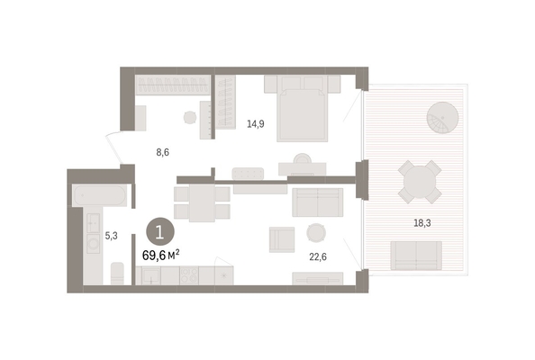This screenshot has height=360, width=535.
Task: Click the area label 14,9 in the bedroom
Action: pyautogui.click(x=256, y=124)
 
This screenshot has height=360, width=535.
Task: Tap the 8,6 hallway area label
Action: pyautogui.click(x=163, y=152)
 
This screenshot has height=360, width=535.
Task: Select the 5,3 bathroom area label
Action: pyautogui.click(x=111, y=236)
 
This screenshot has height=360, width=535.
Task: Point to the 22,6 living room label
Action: pyautogui.click(x=318, y=256)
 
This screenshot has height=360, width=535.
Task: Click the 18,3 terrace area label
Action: pyautogui.click(x=422, y=223)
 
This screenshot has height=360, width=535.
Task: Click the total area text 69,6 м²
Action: pyautogui.click(x=160, y=255)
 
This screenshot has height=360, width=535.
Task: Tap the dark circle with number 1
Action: pyautogui.click(x=160, y=232)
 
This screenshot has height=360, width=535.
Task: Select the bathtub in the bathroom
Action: pyautogui.click(x=100, y=195)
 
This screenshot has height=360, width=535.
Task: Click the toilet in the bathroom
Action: pyautogui.click(x=117, y=273)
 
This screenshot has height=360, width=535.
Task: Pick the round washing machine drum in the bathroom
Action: pyautogui.click(x=93, y=243)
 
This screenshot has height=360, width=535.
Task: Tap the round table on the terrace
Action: pyautogui.click(x=420, y=182)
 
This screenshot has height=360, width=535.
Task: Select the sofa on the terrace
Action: pyautogui.click(x=416, y=256)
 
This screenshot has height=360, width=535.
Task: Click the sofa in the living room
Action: pyautogui.click(x=318, y=202)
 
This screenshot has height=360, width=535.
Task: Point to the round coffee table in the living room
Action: pyautogui.click(x=316, y=233)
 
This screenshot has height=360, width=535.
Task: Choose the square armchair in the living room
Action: pyautogui.click(x=282, y=239)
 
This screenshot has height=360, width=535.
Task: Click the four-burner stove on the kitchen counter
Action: pyautogui.click(x=189, y=275)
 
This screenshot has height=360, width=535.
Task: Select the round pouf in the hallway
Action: pyautogui.click(x=190, y=118)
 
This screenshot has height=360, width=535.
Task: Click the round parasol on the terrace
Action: pyautogui.click(x=442, y=118)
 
